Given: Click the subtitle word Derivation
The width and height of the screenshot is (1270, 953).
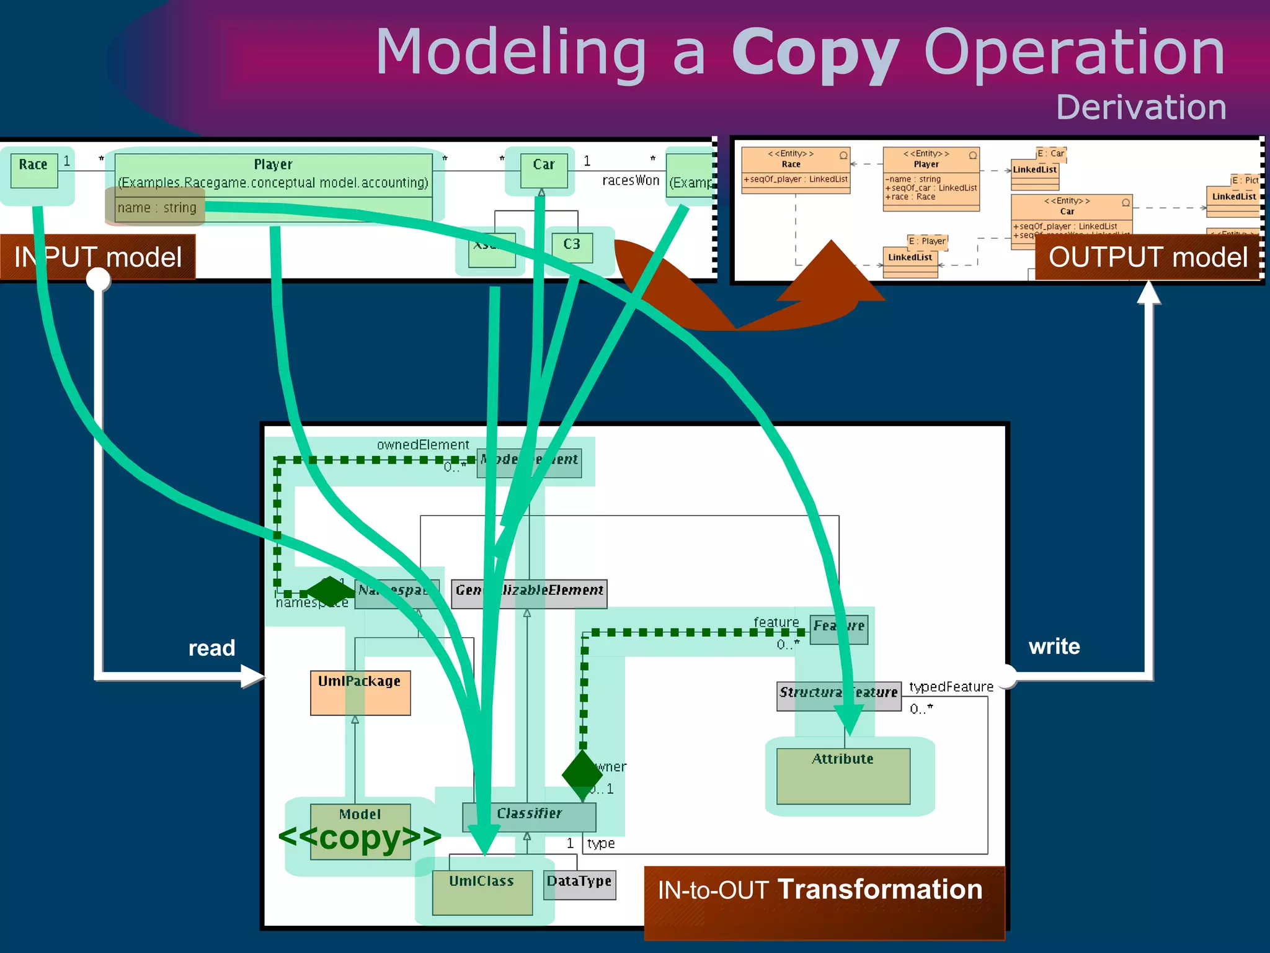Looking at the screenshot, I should coord(1140,107).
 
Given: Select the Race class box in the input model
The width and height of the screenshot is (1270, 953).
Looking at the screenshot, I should coord(34,170).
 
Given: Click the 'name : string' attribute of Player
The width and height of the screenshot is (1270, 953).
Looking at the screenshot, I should coord(157,208).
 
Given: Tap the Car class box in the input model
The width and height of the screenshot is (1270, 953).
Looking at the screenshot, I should coord(543,170).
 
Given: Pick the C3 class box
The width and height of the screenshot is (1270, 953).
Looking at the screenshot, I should coord(572,247).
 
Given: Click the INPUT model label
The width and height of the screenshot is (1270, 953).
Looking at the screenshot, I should coord(97,257).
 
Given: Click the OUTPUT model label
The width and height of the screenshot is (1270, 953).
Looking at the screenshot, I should coord(1147,257).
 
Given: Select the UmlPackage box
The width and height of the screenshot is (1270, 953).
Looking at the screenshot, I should coord(360,692).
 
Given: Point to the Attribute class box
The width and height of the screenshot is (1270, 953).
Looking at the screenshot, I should coord(843,775).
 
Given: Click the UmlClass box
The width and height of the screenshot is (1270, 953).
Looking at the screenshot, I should coord(482,892).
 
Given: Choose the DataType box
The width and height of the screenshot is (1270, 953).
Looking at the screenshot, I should coord(579,885).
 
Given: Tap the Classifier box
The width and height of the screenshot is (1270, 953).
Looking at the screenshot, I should coord(529,816).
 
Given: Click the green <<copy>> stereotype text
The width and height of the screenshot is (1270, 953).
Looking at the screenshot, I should coord(360,837).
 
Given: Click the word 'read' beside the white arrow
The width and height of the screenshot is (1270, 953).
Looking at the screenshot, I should coord(211,648).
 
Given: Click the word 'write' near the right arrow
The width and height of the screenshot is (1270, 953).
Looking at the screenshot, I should coord(1054,647).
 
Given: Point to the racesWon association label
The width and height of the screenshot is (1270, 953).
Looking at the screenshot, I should coord(630,181).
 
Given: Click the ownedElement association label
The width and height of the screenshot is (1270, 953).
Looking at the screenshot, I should coord(423,445).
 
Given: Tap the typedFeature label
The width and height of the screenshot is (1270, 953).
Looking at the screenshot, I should coord(951,687).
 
